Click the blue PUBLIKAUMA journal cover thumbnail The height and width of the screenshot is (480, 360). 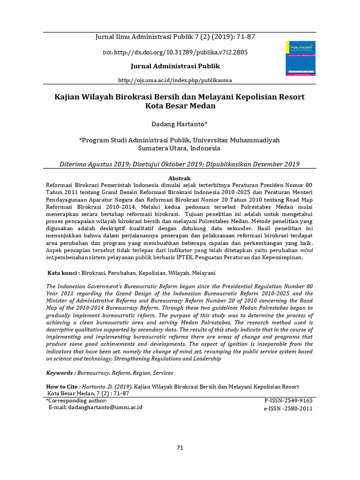click(x=300, y=58)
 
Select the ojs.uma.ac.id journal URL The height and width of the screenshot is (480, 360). click(x=175, y=80)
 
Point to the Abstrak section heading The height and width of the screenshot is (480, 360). click(x=180, y=179)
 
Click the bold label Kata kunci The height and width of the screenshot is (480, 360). click(x=64, y=273)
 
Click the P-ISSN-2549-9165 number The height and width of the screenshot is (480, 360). click(x=288, y=401)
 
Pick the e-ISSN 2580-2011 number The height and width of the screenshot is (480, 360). click(x=288, y=409)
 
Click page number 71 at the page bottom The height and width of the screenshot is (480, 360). click(x=180, y=448)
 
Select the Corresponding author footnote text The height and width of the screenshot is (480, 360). click(x=76, y=401)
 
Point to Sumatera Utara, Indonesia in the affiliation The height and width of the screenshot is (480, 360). click(x=179, y=148)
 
